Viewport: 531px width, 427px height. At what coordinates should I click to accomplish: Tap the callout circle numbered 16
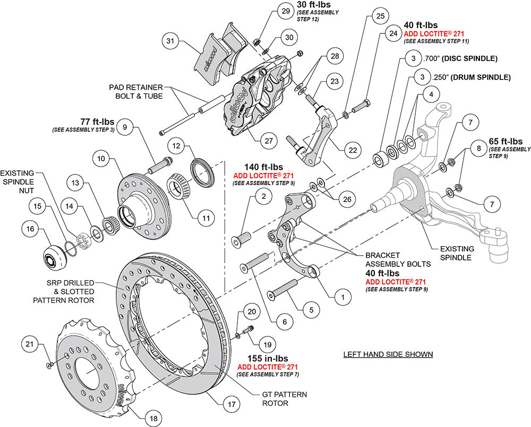pos(30,229)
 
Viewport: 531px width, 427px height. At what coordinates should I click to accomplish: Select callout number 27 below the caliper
pos(269,141)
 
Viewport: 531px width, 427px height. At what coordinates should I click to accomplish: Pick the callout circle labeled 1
pos(342,298)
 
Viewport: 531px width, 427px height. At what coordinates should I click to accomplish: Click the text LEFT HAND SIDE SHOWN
pos(388,354)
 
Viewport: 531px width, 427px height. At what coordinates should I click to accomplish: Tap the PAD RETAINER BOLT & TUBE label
pos(136,91)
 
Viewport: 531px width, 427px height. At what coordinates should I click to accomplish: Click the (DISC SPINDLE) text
pos(469,58)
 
